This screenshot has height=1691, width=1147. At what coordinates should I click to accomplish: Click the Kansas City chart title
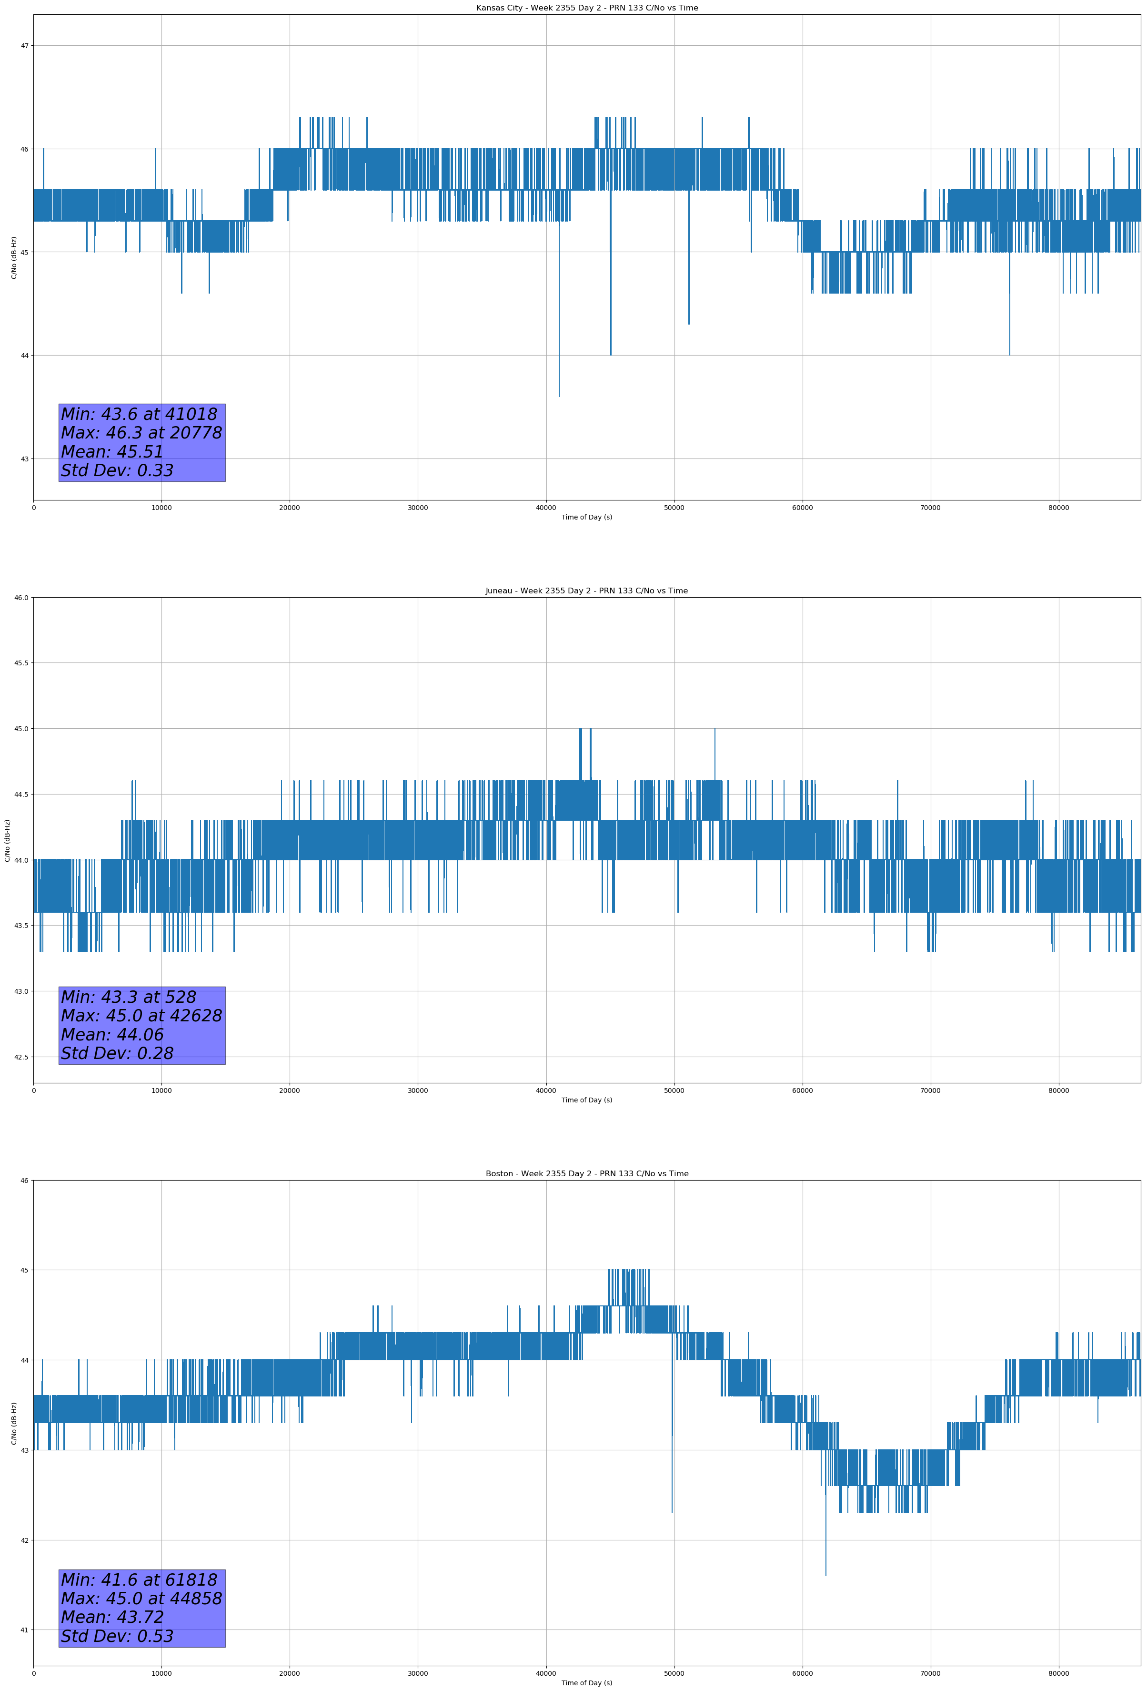(x=586, y=8)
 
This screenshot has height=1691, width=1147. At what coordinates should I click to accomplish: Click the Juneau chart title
(x=586, y=591)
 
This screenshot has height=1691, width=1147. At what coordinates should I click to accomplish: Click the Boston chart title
(x=586, y=1174)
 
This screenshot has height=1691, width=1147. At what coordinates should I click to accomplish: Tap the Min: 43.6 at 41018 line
(x=139, y=414)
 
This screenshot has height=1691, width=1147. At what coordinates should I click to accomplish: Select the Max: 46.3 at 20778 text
(x=141, y=433)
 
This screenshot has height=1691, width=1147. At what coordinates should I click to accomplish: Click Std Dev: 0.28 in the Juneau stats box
(x=117, y=1054)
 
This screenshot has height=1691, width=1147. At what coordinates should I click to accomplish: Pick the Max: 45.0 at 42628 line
(x=141, y=1016)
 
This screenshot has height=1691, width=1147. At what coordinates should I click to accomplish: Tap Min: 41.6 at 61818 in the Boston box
(x=139, y=1579)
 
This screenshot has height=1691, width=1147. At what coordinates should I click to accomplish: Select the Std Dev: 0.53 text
(x=117, y=1636)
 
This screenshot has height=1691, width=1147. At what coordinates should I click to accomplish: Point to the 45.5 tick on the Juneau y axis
(x=21, y=663)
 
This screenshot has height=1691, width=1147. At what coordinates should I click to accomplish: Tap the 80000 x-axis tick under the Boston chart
(x=1058, y=1673)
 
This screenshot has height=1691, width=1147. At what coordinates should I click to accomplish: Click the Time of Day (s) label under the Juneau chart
(x=586, y=1100)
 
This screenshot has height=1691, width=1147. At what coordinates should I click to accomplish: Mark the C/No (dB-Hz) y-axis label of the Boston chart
(x=14, y=1423)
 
